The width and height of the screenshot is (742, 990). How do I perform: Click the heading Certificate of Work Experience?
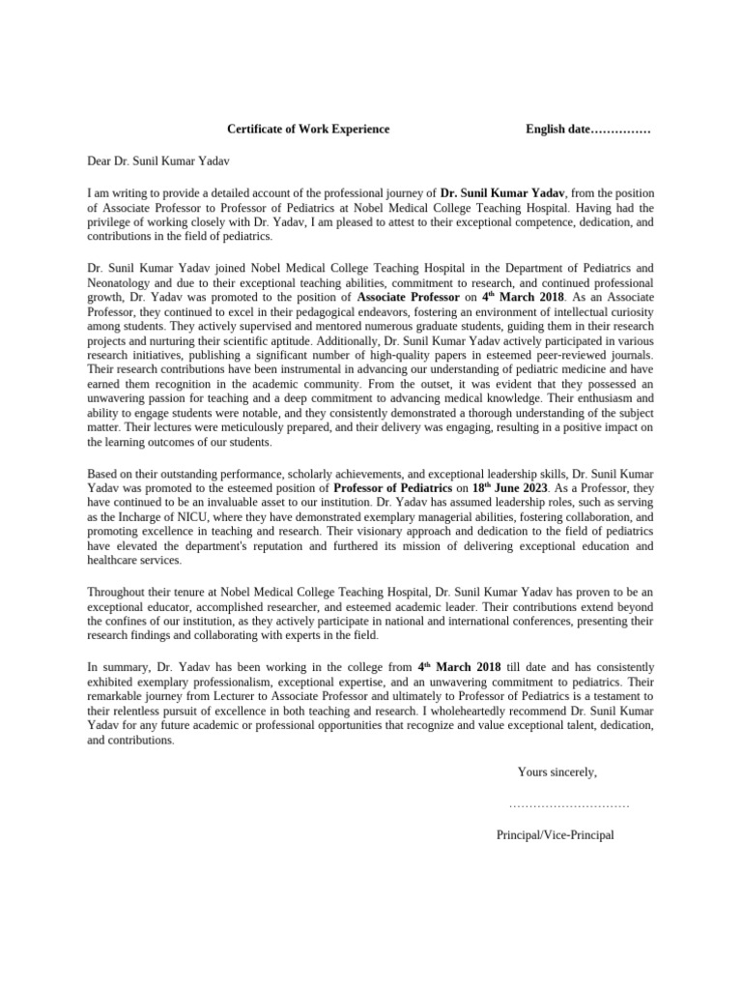pos(308,129)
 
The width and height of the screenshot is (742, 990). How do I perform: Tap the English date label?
pos(556,129)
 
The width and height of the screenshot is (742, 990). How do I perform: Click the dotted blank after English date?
pos(619,130)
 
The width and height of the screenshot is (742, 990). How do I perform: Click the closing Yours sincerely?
pos(556,772)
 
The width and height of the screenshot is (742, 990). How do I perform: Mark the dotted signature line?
pos(568,804)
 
